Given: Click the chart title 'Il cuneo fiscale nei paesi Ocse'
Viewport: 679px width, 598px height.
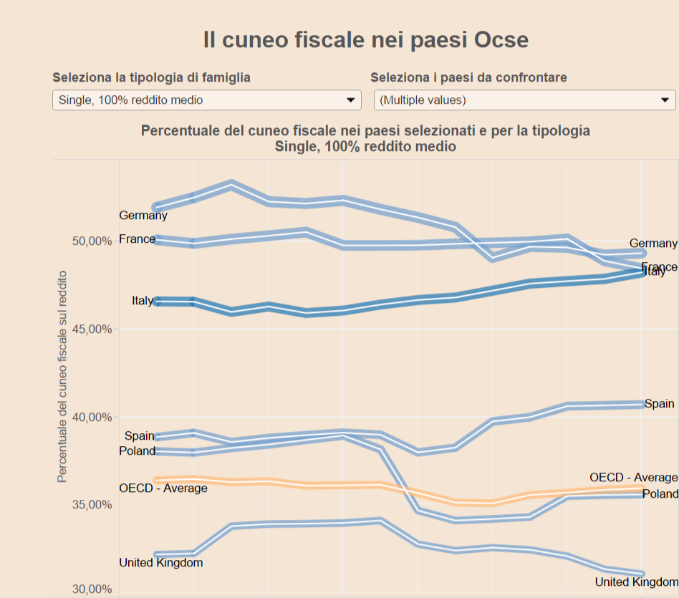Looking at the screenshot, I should pyautogui.click(x=365, y=40).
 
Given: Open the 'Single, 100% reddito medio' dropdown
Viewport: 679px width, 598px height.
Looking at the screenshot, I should pyautogui.click(x=206, y=100).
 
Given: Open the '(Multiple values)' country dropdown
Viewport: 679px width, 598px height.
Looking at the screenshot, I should pyautogui.click(x=524, y=100).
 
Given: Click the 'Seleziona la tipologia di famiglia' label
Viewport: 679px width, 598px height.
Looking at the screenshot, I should pyautogui.click(x=151, y=77).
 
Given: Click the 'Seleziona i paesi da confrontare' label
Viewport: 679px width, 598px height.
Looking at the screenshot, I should pyautogui.click(x=468, y=77).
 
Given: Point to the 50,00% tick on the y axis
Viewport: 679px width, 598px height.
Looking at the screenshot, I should pyautogui.click(x=92, y=241).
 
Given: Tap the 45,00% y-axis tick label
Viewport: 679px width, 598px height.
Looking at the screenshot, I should pyautogui.click(x=92, y=329).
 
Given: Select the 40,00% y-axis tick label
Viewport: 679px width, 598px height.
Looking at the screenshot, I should pyautogui.click(x=92, y=418).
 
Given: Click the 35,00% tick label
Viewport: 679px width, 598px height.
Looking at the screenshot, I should pyautogui.click(x=92, y=505).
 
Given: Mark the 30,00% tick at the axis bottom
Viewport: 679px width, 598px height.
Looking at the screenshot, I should pyautogui.click(x=92, y=589).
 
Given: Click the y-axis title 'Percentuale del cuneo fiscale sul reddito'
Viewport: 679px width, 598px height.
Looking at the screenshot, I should pyautogui.click(x=63, y=376).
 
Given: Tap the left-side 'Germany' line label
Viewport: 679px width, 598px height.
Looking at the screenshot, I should pyautogui.click(x=143, y=215).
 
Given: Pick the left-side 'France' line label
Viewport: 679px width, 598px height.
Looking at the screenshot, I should pyautogui.click(x=137, y=238).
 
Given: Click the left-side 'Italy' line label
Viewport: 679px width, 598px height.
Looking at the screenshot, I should pyautogui.click(x=143, y=301).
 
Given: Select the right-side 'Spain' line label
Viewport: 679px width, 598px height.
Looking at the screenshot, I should pyautogui.click(x=659, y=404).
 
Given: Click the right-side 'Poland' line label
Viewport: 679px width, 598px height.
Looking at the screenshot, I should pyautogui.click(x=660, y=494).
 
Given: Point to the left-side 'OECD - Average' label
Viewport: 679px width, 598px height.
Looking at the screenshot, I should pyautogui.click(x=163, y=488).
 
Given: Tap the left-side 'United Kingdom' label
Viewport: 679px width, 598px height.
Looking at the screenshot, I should pyautogui.click(x=161, y=563).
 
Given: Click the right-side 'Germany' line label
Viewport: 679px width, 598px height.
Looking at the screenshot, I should pyautogui.click(x=653, y=243).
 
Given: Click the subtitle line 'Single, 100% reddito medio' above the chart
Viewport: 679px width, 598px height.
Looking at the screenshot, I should pyautogui.click(x=365, y=146).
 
